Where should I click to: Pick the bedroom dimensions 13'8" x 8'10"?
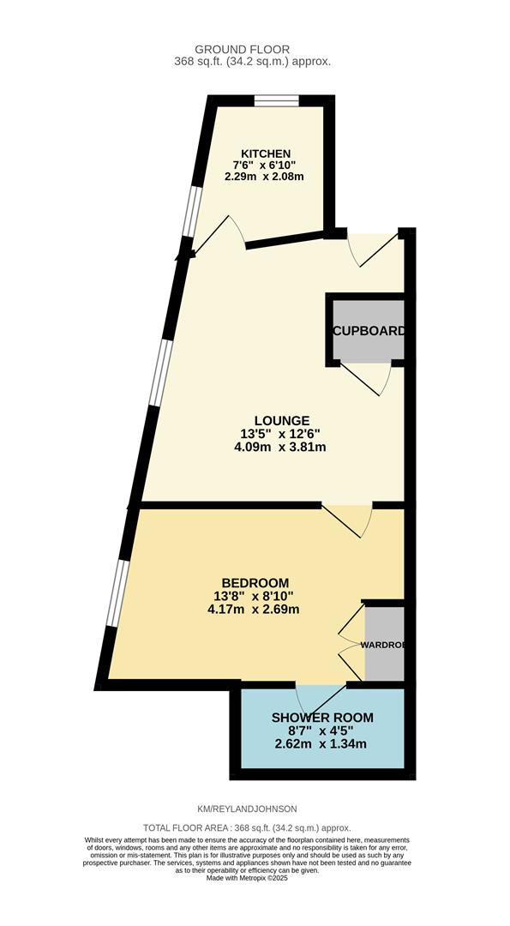pos(253,596)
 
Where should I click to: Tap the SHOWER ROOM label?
pos(322,717)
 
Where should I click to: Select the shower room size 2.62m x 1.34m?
pos(322,743)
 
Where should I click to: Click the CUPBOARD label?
pos(368,331)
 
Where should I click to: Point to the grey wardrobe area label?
pos(382,644)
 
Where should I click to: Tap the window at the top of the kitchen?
pos(276,101)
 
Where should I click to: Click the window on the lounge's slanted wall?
pos(159,370)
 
